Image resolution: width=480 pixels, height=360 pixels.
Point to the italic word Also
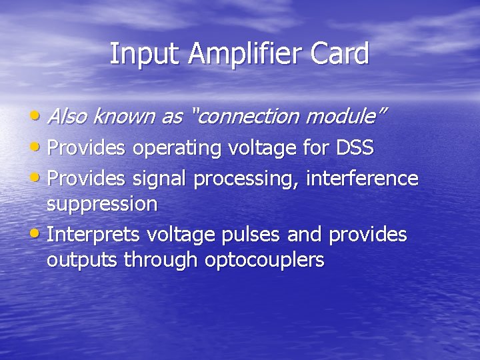(68, 116)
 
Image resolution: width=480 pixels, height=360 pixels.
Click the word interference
(363, 178)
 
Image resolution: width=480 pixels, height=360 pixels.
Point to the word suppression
(102, 204)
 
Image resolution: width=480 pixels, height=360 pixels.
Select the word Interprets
(94, 235)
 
